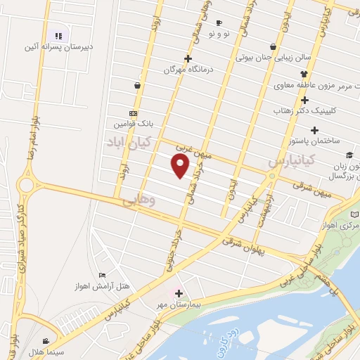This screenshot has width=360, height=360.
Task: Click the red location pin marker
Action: tap(181, 166)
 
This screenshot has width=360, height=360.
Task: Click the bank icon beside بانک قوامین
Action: tap(133, 113)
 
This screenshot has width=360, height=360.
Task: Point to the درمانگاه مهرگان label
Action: tap(188, 70)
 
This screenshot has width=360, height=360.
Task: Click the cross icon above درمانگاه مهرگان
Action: tap(188, 58)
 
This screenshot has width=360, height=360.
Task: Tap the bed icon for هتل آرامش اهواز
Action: tap(103, 275)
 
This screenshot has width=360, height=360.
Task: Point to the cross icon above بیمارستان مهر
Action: tap(179, 294)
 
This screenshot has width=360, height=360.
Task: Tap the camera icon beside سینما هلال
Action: tap(46, 340)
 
